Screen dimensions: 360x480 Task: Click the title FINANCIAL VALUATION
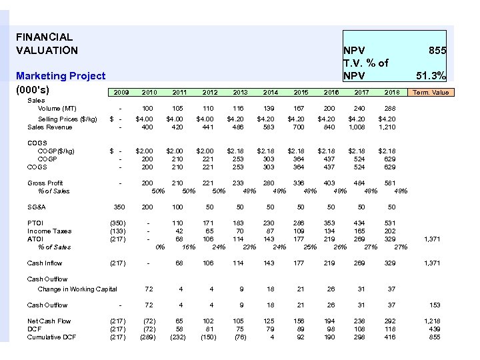[47, 43]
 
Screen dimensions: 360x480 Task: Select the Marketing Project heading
[61, 76]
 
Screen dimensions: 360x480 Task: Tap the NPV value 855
[437, 51]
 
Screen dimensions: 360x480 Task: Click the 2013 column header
[240, 92]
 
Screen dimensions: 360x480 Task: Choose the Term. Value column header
[431, 92]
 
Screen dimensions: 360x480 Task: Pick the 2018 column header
[391, 92]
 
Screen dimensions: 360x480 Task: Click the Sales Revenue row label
[50, 127]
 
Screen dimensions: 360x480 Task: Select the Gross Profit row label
[45, 183]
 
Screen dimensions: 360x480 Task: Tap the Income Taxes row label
[49, 231]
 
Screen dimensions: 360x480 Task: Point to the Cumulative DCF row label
[53, 337]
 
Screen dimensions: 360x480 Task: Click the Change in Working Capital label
[77, 289]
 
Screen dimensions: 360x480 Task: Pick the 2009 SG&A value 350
[120, 207]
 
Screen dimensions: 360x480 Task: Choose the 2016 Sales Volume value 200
[329, 108]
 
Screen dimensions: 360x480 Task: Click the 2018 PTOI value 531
[391, 223]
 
